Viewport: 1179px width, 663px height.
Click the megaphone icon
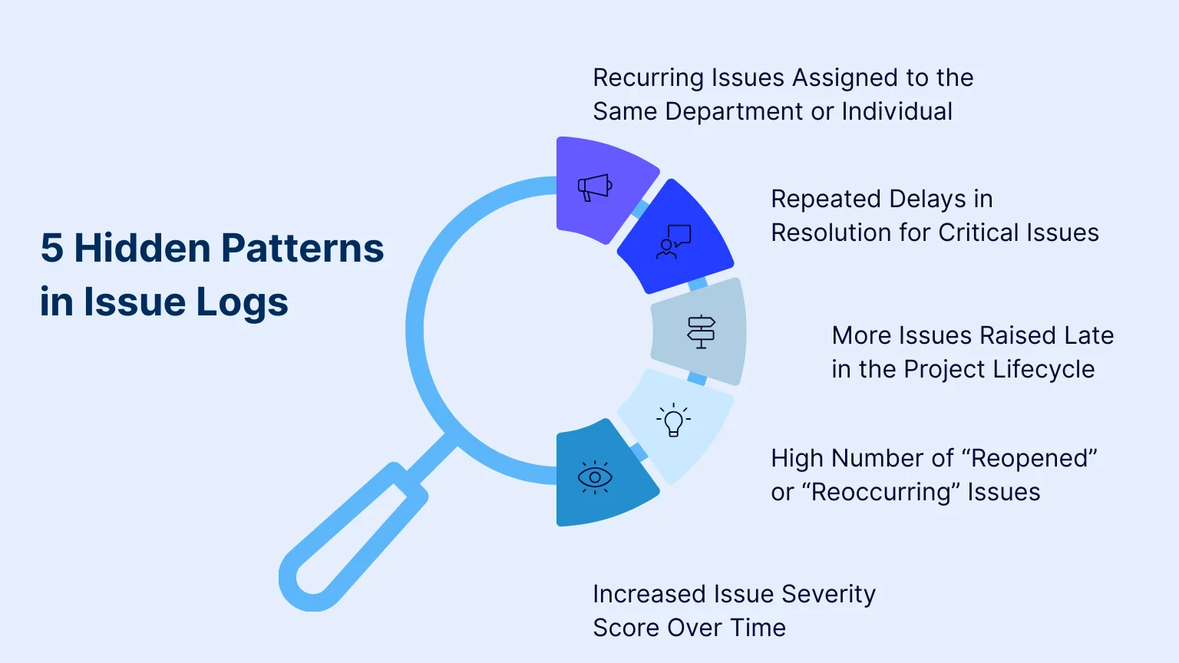click(x=595, y=187)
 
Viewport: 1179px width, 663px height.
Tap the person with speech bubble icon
click(x=673, y=242)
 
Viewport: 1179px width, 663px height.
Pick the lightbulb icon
click(x=673, y=421)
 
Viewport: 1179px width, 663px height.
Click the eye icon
click(x=595, y=477)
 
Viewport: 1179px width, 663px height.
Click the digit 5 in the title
click(x=51, y=249)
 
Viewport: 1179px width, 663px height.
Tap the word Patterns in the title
click(x=302, y=249)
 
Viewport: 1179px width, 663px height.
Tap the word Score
click(x=626, y=628)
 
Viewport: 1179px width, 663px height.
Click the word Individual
click(x=897, y=112)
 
